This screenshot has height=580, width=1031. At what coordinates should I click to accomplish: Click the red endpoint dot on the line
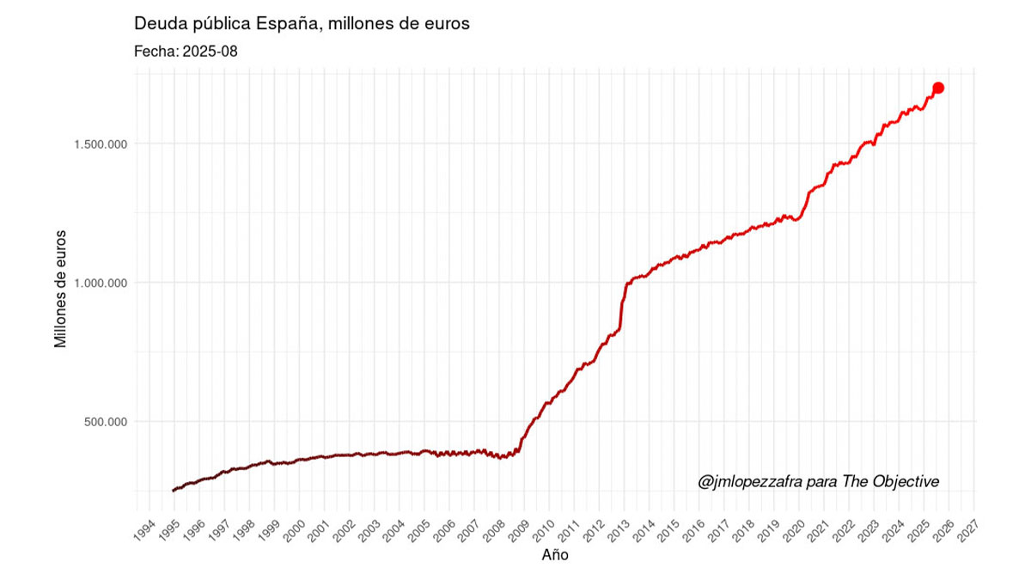(938, 88)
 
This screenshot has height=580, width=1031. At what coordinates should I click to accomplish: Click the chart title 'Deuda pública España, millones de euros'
(302, 24)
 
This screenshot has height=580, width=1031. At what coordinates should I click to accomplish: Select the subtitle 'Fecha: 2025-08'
(186, 52)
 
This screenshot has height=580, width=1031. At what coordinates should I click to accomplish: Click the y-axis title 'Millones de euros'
(60, 288)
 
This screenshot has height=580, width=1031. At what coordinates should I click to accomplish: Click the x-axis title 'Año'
(555, 555)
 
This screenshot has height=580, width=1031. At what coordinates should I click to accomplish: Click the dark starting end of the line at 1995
(174, 490)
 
